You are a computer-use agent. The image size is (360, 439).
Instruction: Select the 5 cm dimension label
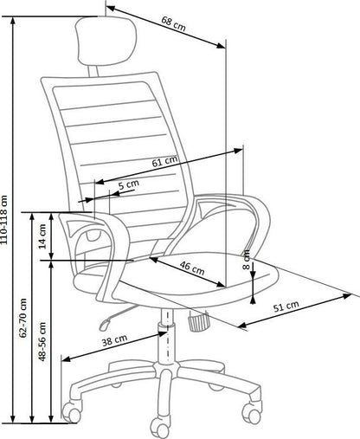(127, 184)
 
